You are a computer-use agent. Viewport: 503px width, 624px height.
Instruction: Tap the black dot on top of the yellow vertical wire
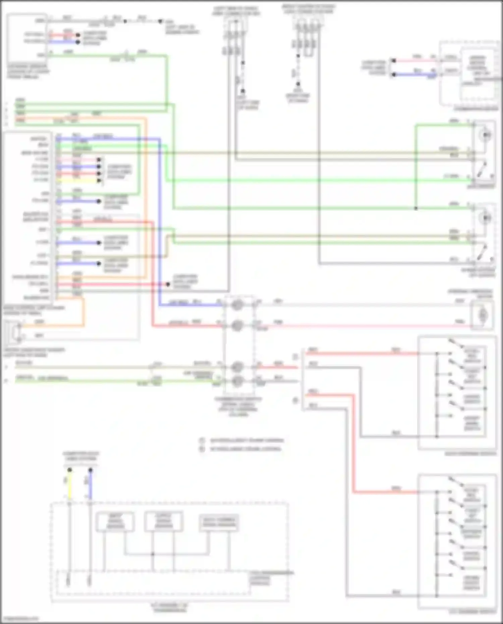[69, 470]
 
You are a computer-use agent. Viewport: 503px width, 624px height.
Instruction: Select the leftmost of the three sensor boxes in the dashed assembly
[115, 522]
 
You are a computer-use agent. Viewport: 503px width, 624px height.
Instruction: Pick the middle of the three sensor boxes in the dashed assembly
[164, 521]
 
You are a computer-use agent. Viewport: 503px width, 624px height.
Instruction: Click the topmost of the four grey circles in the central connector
[237, 305]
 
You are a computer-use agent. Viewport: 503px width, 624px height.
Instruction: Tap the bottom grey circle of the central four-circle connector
[237, 381]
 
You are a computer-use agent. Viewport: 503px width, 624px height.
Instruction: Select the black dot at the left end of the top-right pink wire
[393, 61]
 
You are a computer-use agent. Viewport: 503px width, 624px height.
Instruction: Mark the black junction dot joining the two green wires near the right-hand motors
[416, 208]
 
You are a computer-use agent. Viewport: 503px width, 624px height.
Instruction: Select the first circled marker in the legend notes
[202, 440]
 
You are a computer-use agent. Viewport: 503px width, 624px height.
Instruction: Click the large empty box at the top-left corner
[27, 39]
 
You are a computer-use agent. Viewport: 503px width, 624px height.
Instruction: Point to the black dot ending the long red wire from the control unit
[168, 284]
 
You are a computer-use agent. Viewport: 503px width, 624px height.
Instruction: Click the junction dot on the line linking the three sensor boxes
[153, 554]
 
